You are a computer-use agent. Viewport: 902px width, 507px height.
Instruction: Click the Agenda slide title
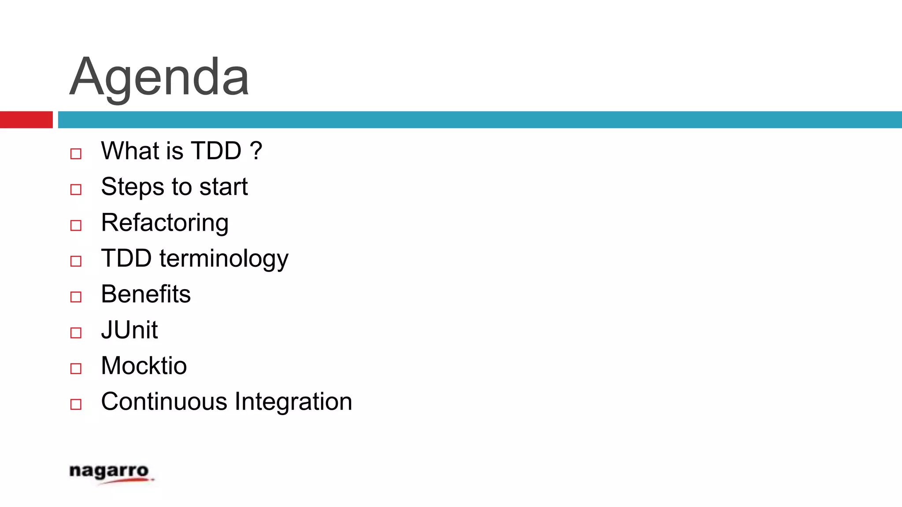tap(159, 77)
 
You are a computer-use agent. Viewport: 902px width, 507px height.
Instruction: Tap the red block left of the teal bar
tap(26, 120)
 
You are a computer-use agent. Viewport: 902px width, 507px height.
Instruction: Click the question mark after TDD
tap(256, 151)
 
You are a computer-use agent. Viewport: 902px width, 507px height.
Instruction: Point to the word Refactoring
tap(165, 223)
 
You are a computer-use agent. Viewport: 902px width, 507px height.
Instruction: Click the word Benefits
tap(146, 294)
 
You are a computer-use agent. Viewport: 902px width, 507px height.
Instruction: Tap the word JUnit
tap(129, 330)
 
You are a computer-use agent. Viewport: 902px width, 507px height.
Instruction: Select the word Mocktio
tap(144, 366)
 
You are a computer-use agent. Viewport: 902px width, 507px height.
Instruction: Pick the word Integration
tap(293, 401)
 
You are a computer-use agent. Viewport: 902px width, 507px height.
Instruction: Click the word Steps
tap(133, 187)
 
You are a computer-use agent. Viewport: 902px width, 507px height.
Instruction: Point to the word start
tap(223, 187)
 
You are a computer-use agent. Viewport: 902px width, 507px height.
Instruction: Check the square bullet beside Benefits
tap(76, 297)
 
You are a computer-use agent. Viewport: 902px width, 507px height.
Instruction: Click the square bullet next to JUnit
tap(76, 333)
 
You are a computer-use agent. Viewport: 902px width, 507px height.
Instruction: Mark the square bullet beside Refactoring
tap(76, 225)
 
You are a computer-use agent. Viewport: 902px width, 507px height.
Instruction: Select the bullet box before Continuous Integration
tap(76, 404)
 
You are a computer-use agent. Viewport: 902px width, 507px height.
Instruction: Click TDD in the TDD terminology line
tap(126, 258)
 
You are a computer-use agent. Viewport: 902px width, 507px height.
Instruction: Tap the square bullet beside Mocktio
tap(76, 368)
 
